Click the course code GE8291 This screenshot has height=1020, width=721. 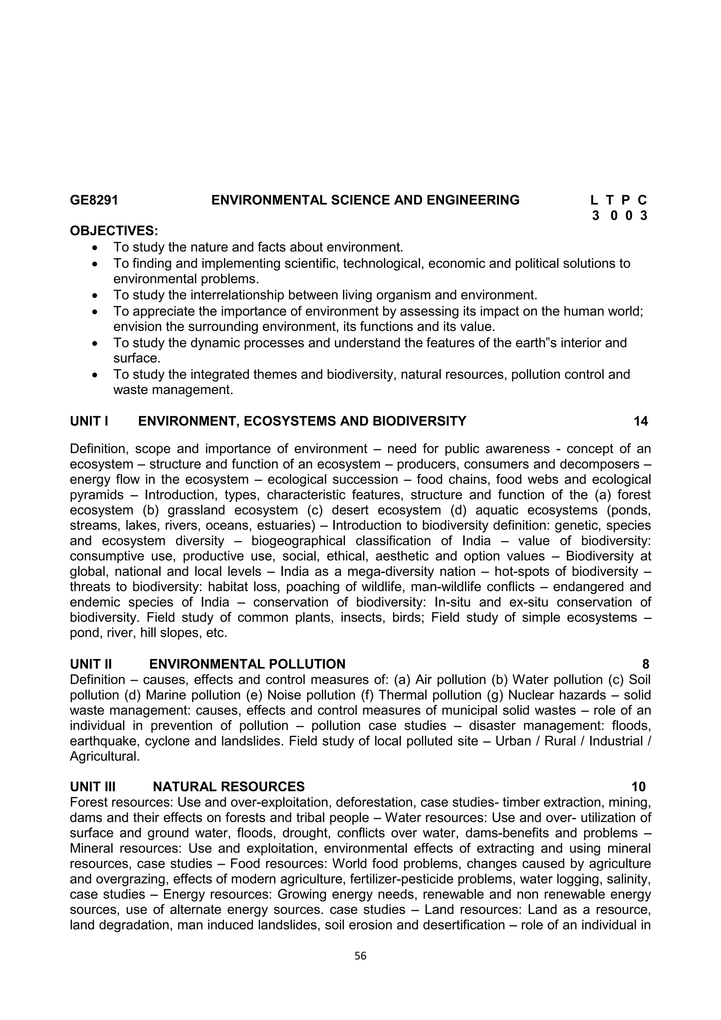coord(94,200)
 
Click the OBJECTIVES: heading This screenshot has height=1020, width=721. coord(114,231)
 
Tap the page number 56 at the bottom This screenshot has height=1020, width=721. coord(360,956)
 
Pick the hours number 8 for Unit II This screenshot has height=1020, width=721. coord(646,664)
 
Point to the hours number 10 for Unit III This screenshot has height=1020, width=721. coord(638,787)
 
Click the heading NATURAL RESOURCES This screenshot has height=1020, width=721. coord(228,787)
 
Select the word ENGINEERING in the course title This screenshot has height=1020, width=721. coord(473,200)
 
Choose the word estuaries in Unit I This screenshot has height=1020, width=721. coord(288,525)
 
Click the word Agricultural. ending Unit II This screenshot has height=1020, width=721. coord(105,756)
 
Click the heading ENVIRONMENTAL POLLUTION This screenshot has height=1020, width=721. coord(247,664)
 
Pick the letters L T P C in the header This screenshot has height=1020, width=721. coord(619,200)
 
